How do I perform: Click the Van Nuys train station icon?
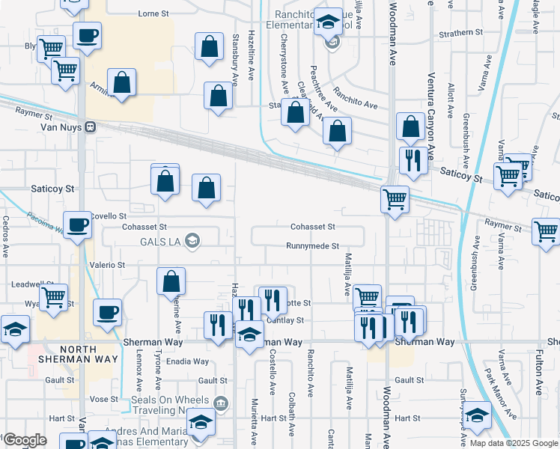point(90,127)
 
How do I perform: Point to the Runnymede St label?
point(314,245)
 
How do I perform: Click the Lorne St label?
point(154,13)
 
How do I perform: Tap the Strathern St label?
point(462,33)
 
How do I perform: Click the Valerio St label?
point(108,265)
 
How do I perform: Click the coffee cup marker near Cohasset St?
point(76,224)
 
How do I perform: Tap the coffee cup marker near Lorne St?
point(87,35)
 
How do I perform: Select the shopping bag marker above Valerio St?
point(171,281)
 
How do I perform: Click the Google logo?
point(25,440)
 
